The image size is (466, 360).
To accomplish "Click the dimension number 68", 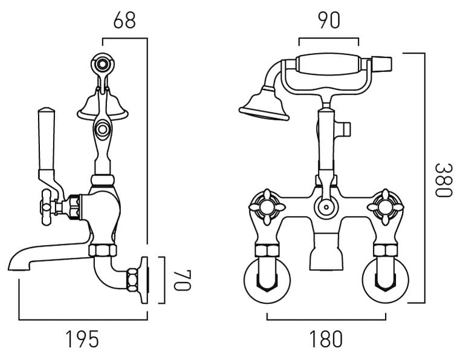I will (x=124, y=19).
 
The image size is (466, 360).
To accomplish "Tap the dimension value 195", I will (x=82, y=339).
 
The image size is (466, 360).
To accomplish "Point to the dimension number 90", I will (x=328, y=19).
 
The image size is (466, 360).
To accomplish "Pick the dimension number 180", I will (x=327, y=339).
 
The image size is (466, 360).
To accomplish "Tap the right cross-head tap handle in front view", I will (x=386, y=204).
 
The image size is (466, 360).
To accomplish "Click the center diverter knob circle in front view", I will (x=327, y=207).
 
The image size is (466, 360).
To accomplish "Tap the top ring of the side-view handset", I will (x=103, y=63).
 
